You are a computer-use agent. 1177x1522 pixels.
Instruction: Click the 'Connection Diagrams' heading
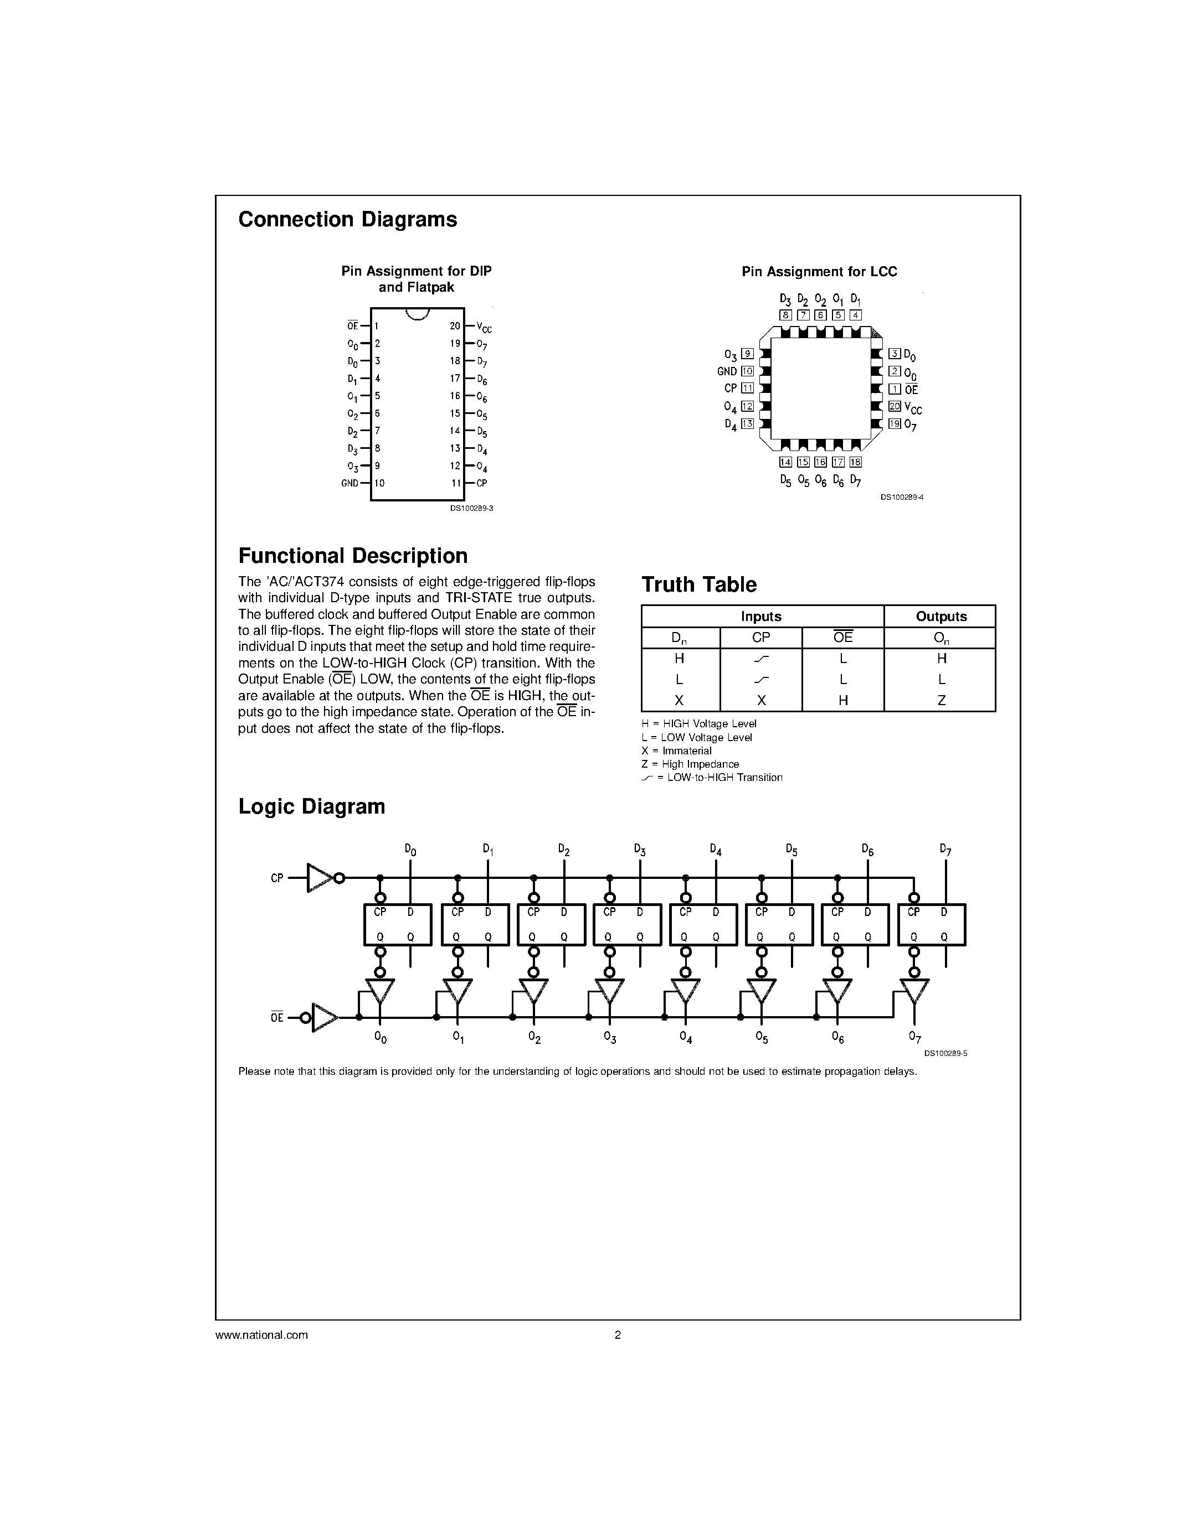pos(347,220)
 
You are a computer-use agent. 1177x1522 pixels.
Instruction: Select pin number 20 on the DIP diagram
pos(455,326)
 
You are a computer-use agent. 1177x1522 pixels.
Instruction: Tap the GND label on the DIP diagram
pos(349,483)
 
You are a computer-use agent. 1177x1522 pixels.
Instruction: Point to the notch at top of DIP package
pos(417,314)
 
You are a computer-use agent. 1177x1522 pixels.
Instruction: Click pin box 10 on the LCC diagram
pos(748,371)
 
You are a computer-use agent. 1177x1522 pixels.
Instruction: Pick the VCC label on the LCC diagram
pos(913,408)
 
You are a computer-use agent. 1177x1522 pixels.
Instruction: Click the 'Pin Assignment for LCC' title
pos(819,272)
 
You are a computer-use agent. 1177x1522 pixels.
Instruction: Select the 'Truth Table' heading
pos(698,584)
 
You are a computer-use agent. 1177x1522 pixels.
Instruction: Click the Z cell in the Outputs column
pos(940,700)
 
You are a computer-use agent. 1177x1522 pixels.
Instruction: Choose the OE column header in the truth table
pos(842,637)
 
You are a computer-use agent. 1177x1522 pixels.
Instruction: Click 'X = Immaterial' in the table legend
pos(676,750)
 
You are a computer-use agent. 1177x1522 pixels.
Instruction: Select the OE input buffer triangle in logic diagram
pos(323,1017)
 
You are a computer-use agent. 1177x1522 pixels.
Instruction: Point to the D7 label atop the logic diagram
pos(945,850)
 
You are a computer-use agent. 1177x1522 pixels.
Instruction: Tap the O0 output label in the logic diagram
pos(380,1038)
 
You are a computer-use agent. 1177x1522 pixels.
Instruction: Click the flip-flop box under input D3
pos(626,924)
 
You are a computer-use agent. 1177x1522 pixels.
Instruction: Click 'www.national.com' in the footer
pos(261,1334)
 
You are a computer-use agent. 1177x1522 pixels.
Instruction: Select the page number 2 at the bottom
pos(617,1334)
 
